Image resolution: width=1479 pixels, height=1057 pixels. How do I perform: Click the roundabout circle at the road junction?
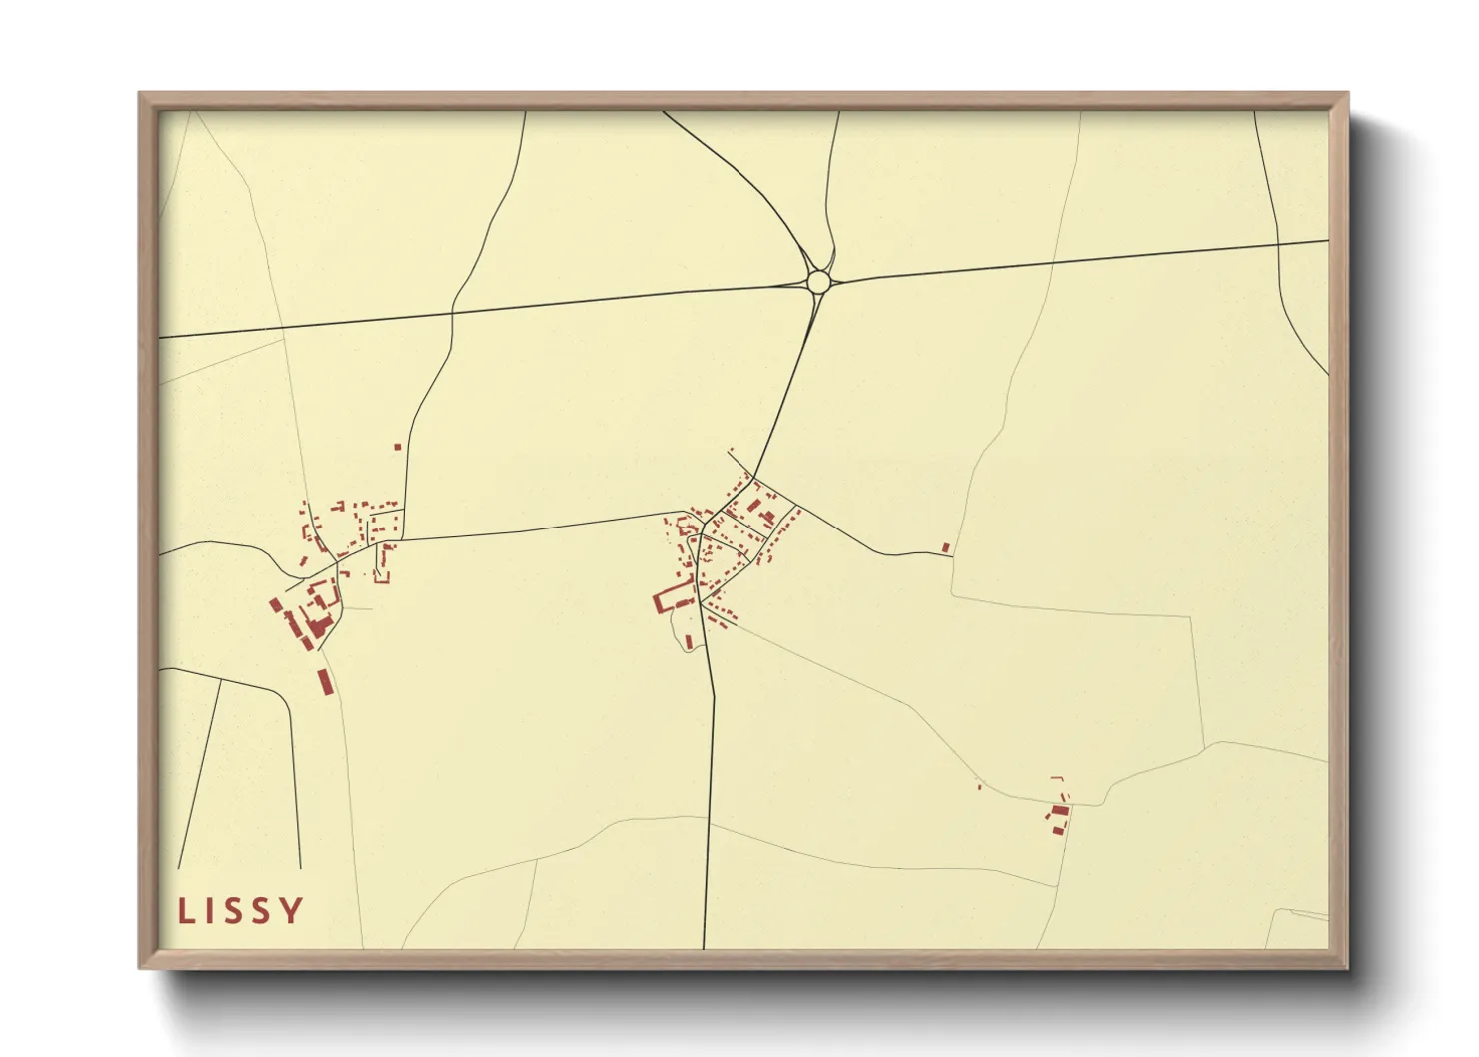[818, 281]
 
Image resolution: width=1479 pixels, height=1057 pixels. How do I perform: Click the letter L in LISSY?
[185, 911]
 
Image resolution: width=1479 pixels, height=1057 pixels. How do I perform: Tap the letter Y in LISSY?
[291, 911]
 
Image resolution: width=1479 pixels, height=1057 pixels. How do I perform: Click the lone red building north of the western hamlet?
[397, 447]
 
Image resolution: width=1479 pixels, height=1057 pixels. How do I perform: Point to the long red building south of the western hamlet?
[325, 682]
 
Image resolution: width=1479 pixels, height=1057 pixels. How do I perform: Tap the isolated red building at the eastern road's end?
[945, 547]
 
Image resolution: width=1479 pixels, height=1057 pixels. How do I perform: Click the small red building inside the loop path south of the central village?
[688, 641]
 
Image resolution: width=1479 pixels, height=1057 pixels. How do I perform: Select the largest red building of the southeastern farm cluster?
[1059, 811]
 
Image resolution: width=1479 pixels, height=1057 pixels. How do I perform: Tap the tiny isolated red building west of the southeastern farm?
[979, 787]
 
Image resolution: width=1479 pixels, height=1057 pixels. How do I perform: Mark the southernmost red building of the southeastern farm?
[1053, 829]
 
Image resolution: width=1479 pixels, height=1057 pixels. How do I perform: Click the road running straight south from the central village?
[711, 799]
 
